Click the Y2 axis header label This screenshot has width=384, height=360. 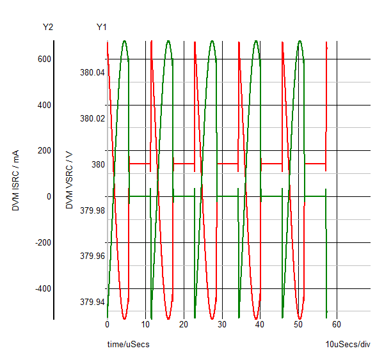pyautogui.click(x=47, y=27)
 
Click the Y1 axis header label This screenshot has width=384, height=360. pyautogui.click(x=102, y=27)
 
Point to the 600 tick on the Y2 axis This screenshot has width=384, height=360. pyautogui.click(x=44, y=59)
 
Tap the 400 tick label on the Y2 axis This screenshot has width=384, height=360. pyautogui.click(x=44, y=105)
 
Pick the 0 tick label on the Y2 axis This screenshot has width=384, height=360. pyautogui.click(x=48, y=196)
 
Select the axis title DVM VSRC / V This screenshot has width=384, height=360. pyautogui.click(x=69, y=179)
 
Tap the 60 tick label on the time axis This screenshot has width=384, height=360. pyautogui.click(x=337, y=324)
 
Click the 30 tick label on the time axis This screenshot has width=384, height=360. pyautogui.click(x=222, y=324)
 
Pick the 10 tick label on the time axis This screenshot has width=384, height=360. pyautogui.click(x=145, y=324)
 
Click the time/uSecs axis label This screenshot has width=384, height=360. pyautogui.click(x=128, y=345)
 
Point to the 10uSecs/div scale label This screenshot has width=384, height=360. pyautogui.click(x=348, y=345)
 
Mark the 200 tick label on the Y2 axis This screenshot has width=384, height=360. pyautogui.click(x=44, y=150)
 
